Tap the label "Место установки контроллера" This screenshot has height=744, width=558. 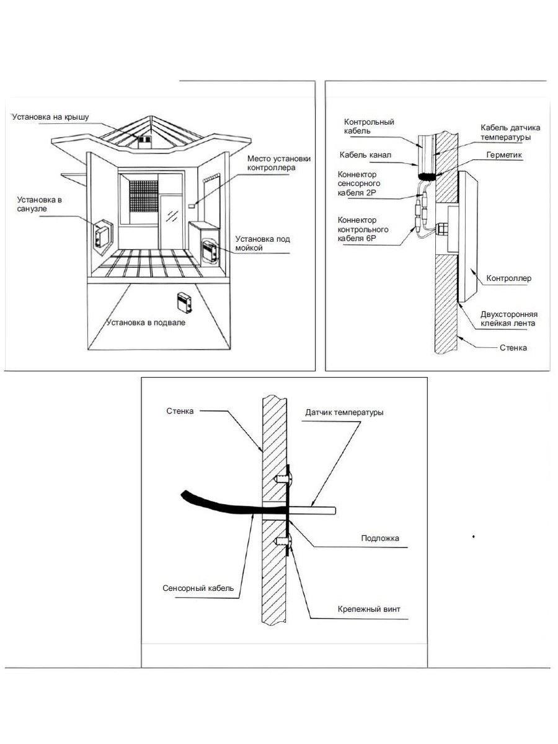click(278, 163)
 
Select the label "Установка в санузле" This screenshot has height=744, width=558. click(40, 204)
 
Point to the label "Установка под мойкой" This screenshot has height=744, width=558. click(263, 243)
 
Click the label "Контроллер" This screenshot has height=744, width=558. click(508, 278)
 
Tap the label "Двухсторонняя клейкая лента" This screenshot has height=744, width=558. click(509, 319)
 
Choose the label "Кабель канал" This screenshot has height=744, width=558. click(365, 155)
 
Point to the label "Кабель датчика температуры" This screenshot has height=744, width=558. click(506, 132)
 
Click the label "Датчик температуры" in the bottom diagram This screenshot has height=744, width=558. click(344, 412)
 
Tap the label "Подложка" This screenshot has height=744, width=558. click(380, 538)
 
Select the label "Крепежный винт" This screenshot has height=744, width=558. click(369, 609)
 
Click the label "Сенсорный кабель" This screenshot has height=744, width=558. click(198, 588)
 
